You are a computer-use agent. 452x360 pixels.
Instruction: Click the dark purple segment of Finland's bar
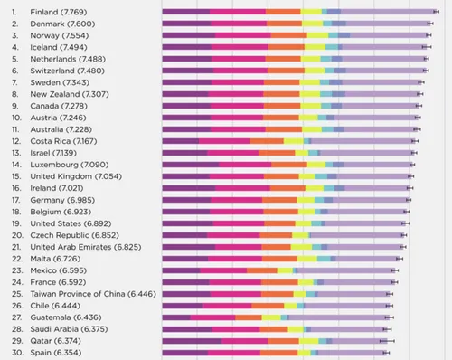click(185, 12)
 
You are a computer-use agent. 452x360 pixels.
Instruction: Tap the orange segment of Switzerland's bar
click(286, 71)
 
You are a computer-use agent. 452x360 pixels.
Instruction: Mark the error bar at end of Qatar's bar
click(389, 341)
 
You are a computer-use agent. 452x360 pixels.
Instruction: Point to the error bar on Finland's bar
click(437, 12)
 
